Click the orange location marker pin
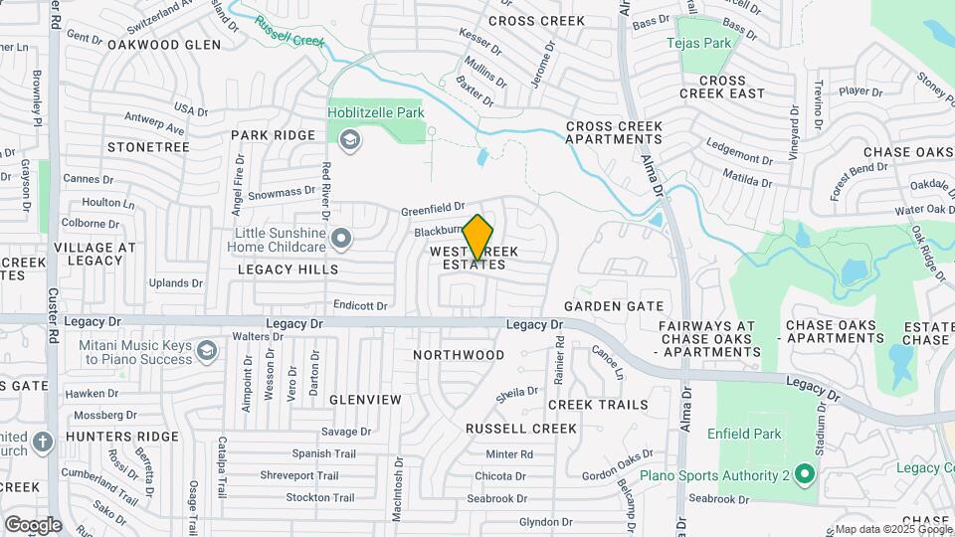point(478,238)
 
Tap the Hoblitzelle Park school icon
point(349,141)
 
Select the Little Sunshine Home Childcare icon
point(342,238)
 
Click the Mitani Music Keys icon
point(206,350)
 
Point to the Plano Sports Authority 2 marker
point(804,475)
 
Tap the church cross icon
point(42,442)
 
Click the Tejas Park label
point(698,43)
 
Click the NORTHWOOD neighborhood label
point(459,355)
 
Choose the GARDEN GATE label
point(606,306)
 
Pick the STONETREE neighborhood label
point(148,147)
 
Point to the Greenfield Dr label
point(433,211)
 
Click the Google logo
point(33,524)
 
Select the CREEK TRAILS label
point(598,405)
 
